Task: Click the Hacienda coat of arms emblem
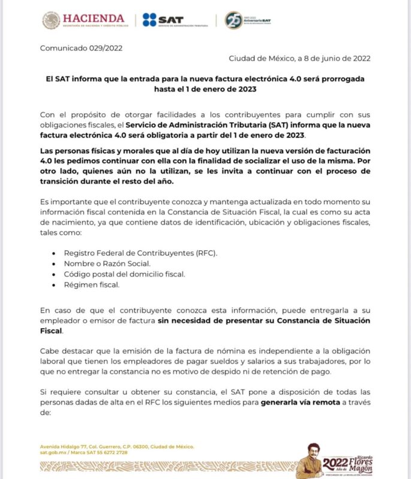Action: click(x=51, y=20)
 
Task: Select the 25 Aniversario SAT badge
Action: click(x=234, y=20)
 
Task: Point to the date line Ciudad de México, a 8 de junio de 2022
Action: click(x=300, y=58)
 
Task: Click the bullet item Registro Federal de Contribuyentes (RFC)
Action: click(x=140, y=253)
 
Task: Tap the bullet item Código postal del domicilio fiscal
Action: click(x=125, y=274)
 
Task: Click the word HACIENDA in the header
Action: click(x=93, y=18)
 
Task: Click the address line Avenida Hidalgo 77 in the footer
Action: click(x=117, y=447)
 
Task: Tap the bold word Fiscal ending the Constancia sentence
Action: click(x=52, y=331)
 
